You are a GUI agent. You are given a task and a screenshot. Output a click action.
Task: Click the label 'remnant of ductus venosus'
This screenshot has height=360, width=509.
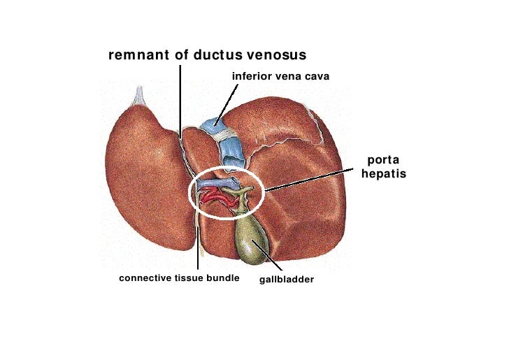tap(207, 55)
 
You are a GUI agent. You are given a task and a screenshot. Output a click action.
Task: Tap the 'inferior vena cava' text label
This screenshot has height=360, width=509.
tap(280, 75)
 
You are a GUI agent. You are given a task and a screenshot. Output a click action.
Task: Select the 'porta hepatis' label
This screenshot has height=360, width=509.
tap(383, 167)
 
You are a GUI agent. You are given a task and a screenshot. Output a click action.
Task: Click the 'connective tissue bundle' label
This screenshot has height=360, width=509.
tap(179, 278)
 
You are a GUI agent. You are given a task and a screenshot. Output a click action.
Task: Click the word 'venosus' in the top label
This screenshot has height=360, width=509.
tap(274, 55)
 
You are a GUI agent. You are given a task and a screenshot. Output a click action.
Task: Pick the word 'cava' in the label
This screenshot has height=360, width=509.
tap(316, 75)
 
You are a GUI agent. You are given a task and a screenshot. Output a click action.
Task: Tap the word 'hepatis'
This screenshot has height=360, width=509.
tap(383, 174)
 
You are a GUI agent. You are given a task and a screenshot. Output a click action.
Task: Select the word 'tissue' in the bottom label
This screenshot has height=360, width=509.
tap(189, 278)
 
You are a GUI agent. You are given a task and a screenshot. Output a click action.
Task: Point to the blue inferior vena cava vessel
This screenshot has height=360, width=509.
tap(217, 128)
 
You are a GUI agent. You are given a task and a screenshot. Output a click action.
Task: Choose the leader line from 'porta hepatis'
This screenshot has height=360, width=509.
tap(308, 178)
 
